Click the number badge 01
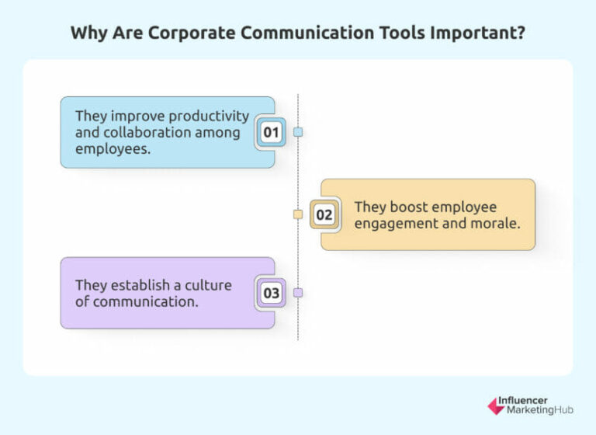pos(271,133)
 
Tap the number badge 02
pos(324,214)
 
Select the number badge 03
pos(271,294)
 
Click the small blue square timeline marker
pos(298,132)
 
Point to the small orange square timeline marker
pos(298,214)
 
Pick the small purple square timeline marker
pos(298,293)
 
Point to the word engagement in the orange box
pos(393,224)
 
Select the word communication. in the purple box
pos(145,301)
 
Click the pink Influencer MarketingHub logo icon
pos(495,405)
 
